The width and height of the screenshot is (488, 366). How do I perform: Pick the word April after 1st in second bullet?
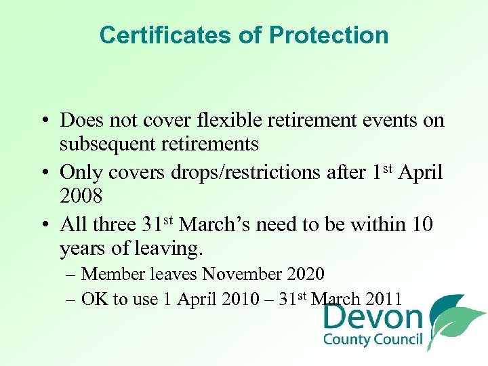coord(420,172)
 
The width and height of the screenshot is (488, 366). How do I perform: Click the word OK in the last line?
coord(94,299)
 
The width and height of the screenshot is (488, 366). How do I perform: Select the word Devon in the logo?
coord(373,317)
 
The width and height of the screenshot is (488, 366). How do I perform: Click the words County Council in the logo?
coord(373,340)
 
